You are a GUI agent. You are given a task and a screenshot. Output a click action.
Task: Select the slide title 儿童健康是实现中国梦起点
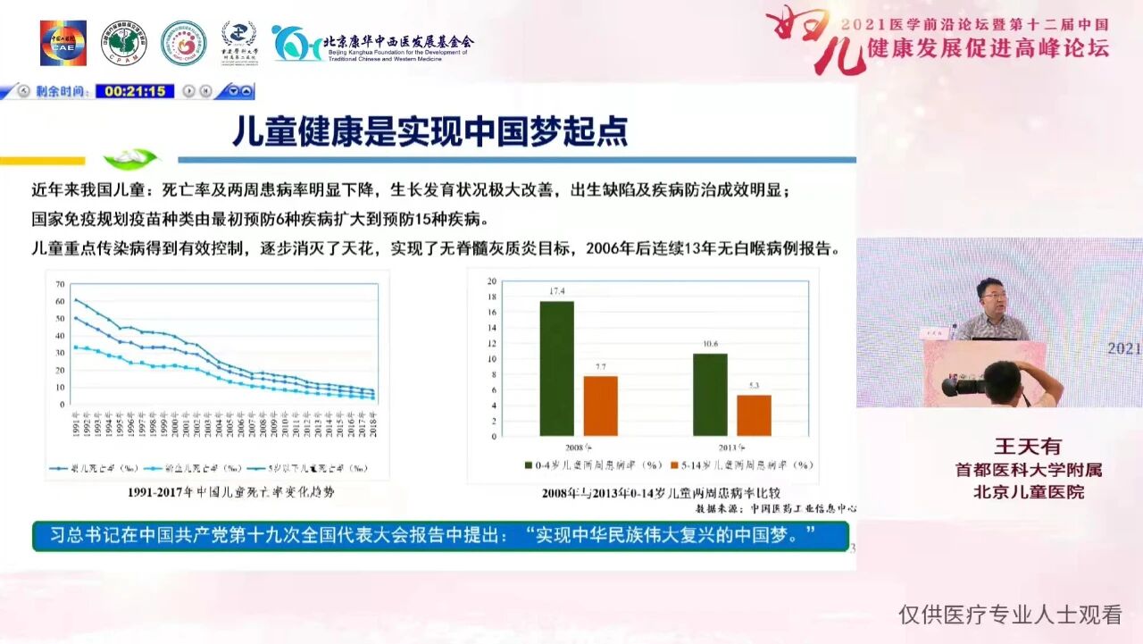430,130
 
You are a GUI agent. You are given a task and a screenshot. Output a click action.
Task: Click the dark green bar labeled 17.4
556,368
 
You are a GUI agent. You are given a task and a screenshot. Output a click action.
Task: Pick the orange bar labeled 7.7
600,406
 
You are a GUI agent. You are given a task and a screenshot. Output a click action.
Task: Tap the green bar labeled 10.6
710,394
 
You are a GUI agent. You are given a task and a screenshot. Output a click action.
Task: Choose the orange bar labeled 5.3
754,415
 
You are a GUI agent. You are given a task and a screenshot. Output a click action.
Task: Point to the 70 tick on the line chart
60,284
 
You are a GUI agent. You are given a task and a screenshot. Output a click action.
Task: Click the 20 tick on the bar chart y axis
491,281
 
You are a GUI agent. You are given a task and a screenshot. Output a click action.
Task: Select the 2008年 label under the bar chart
578,447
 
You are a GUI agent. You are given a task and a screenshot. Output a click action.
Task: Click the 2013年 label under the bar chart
731,447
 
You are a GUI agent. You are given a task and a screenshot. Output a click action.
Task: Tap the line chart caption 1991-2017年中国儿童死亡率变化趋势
218,492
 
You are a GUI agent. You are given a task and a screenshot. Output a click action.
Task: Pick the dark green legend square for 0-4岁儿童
528,464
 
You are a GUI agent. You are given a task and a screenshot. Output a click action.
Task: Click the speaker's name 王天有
1028,447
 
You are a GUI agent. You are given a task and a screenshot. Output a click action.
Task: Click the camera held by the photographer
964,387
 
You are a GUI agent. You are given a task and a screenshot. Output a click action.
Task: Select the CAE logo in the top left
63,43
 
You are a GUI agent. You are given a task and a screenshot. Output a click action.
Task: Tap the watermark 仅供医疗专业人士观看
1010,615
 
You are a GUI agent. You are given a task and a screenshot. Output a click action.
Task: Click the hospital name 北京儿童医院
1028,491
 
